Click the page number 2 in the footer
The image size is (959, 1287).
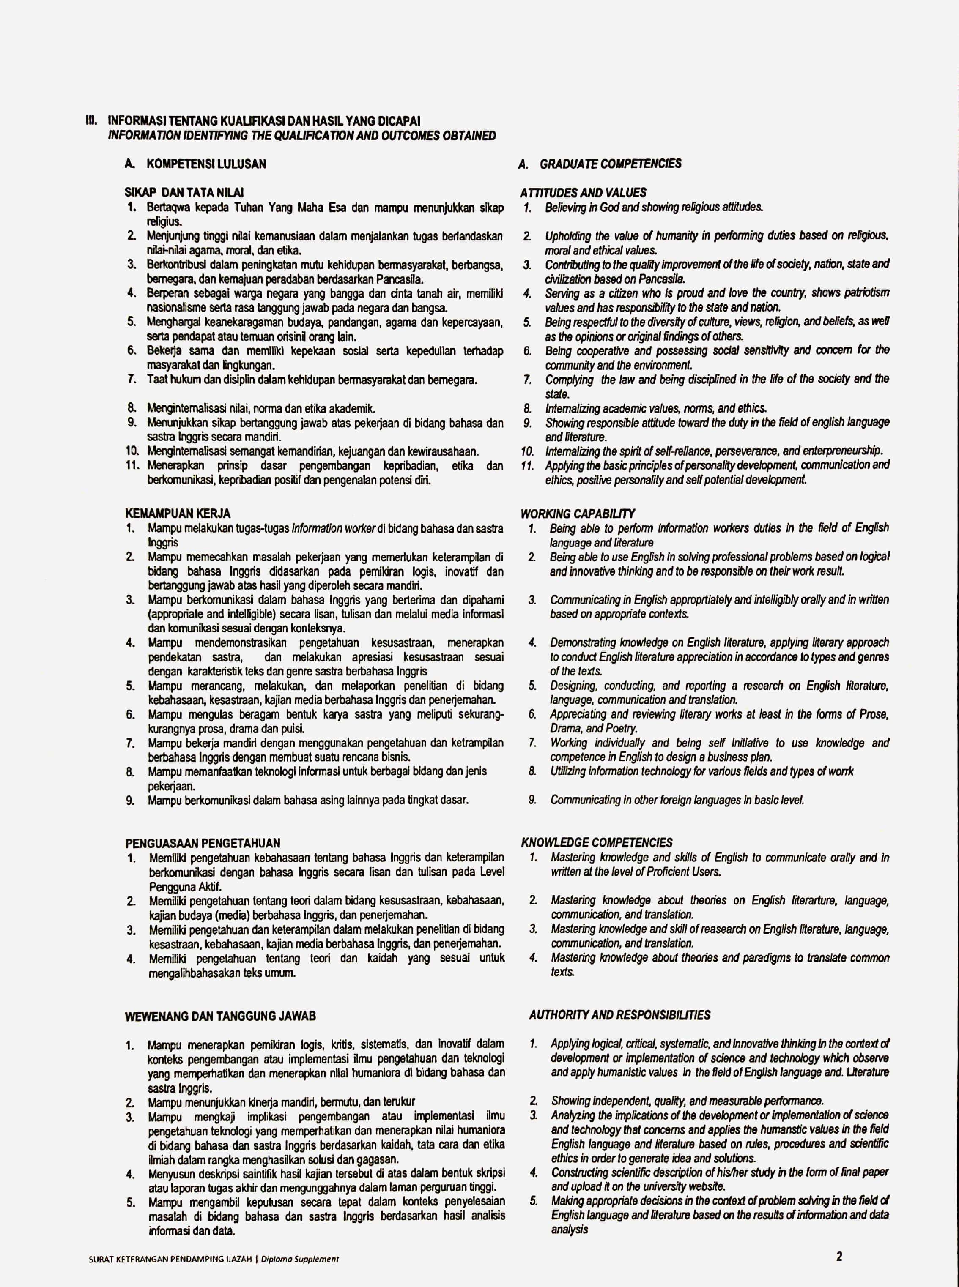pos(839,1257)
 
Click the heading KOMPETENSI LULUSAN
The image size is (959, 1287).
pos(206,164)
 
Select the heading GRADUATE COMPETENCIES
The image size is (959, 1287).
pos(610,164)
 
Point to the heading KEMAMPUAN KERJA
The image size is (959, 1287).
pos(178,514)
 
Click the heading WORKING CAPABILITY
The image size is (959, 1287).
pos(577,514)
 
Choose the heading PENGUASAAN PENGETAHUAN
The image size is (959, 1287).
pos(203,843)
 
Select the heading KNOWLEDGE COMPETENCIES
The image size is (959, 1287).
pos(597,842)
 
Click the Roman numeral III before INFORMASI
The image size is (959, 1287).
pos(90,121)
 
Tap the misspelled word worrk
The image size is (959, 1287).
pos(841,771)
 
